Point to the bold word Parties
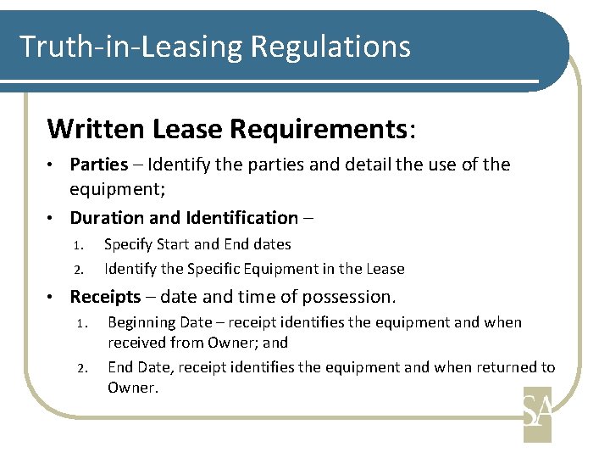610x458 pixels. point(98,164)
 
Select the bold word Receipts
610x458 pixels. point(105,297)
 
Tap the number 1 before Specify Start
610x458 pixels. point(76,245)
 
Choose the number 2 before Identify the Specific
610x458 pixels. point(76,270)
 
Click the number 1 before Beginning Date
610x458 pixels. point(82,323)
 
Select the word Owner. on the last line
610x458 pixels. point(132,388)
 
